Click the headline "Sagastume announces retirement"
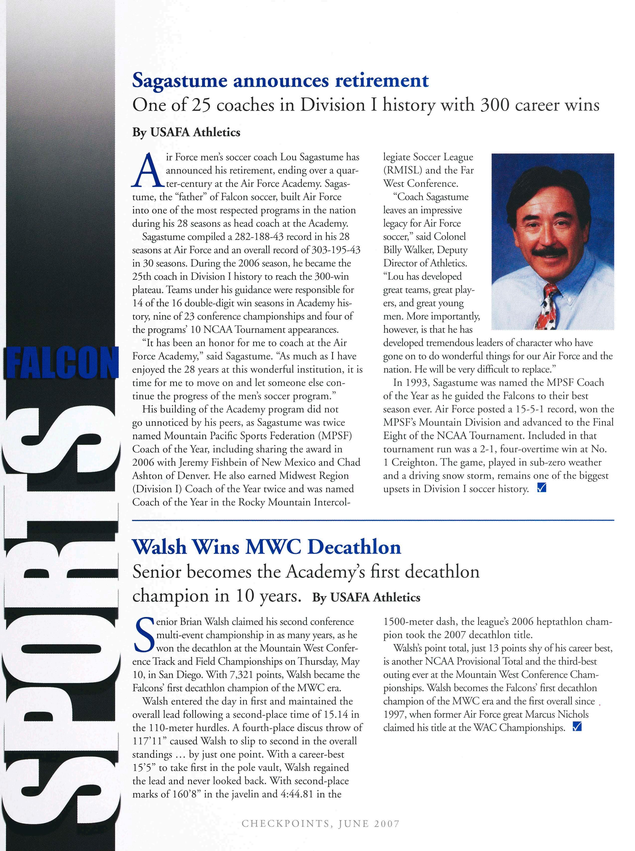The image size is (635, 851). coord(280,81)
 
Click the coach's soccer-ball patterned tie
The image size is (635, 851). coord(547,307)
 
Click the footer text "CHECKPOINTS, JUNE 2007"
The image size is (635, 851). coord(321,823)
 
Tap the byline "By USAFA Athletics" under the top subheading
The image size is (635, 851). coord(186,133)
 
